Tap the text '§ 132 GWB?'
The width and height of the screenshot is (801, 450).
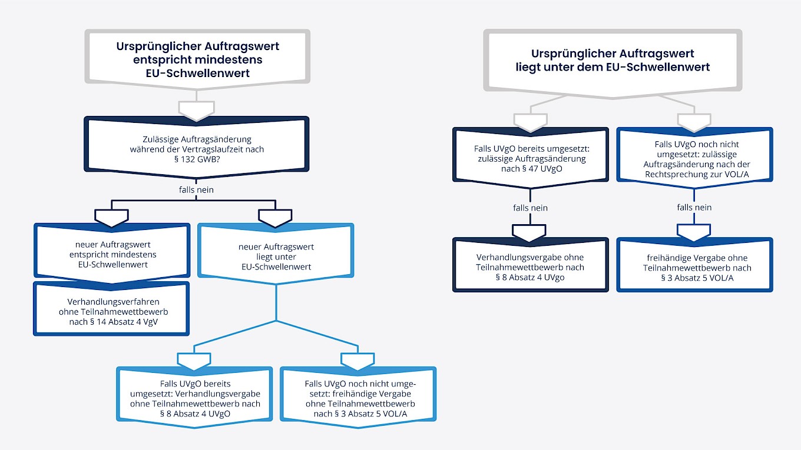(x=197, y=159)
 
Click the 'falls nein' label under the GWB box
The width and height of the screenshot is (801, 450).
(x=197, y=189)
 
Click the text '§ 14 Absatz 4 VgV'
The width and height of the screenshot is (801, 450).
(x=111, y=321)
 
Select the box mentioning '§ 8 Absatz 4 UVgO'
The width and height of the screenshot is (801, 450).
(x=194, y=394)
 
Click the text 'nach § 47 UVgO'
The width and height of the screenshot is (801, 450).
(x=531, y=168)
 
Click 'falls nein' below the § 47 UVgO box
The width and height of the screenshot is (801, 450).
(x=530, y=208)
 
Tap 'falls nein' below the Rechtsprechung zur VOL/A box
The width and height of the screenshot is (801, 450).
(x=694, y=207)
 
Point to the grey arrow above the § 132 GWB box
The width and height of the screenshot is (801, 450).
(x=197, y=109)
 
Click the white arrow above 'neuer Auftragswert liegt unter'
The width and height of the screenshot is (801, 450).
(x=276, y=218)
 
